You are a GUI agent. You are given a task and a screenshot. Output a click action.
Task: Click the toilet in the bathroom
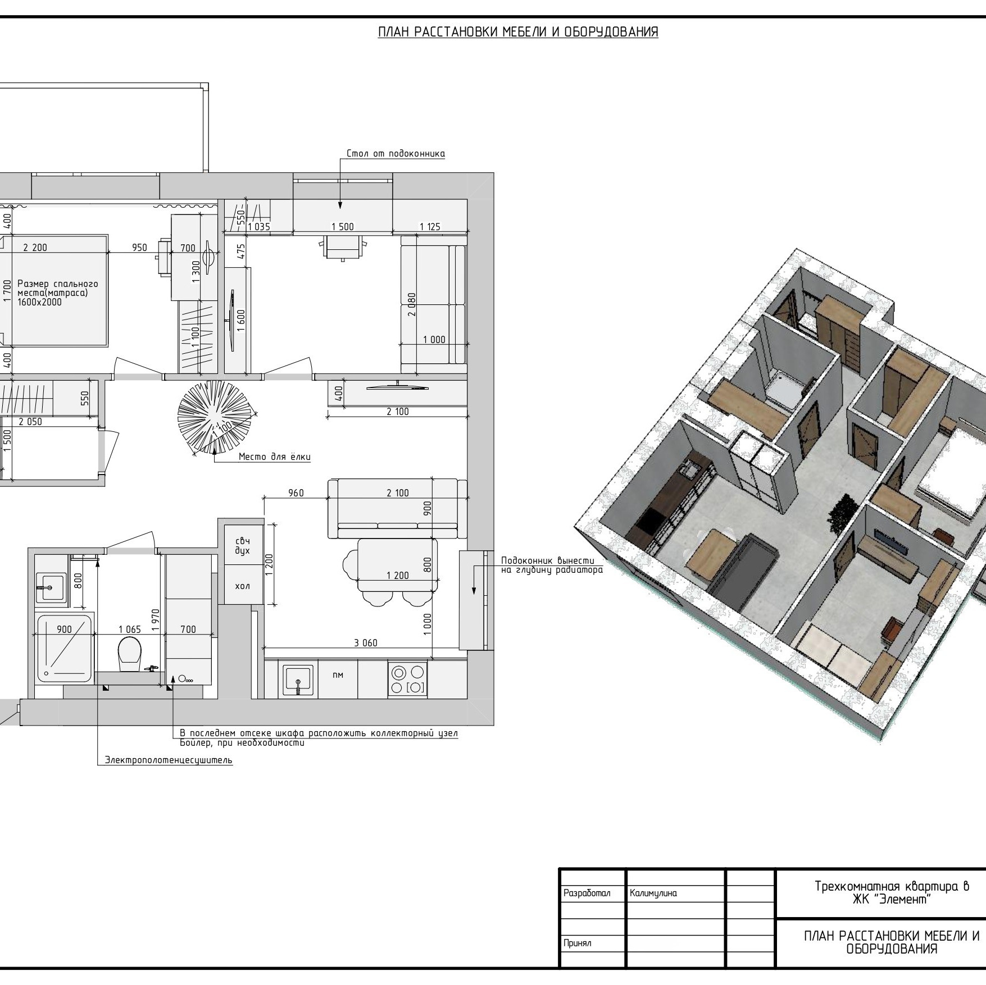129,653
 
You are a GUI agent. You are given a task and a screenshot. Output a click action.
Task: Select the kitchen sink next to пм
298,680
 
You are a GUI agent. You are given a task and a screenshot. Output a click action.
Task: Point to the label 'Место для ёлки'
274,457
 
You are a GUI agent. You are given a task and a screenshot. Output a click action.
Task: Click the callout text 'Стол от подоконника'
396,153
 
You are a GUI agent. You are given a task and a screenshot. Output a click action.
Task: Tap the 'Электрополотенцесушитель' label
169,760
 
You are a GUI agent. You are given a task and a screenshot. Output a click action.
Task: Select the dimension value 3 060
366,643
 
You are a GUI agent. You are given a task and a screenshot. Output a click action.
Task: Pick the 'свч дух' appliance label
243,545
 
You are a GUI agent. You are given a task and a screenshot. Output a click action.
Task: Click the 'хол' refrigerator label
242,586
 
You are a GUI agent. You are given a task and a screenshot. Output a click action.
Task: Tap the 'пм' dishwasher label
338,675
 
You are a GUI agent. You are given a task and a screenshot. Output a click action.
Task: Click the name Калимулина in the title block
653,893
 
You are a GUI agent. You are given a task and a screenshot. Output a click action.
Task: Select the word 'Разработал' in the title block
587,893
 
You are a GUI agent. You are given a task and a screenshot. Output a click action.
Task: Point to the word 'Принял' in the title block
578,943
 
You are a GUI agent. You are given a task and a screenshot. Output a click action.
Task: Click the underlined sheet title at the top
518,32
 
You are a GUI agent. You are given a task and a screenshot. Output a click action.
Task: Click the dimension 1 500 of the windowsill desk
343,227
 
